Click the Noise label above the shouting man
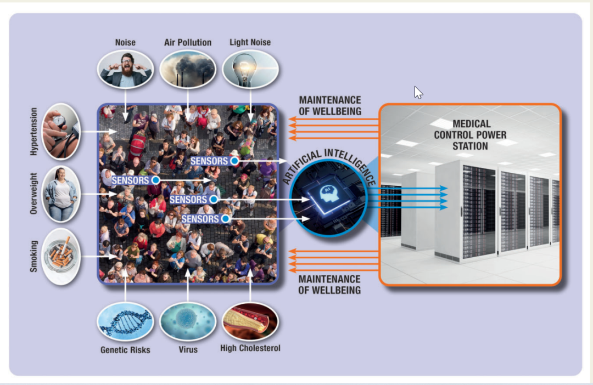point(125,42)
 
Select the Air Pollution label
point(188,42)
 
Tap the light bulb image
point(250,70)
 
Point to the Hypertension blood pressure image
point(61,132)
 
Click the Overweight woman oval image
point(61,194)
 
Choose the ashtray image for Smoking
point(61,256)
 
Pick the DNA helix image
point(125,321)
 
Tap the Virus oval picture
point(188,321)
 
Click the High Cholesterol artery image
point(250,321)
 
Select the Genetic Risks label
point(125,350)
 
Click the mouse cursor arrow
point(418,92)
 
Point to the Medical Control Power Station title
point(470,135)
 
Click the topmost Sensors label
point(209,161)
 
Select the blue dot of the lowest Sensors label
point(226,219)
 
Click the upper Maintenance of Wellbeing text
point(330,105)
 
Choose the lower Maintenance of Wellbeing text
point(329,285)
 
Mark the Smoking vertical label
point(33,256)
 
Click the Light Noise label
point(250,42)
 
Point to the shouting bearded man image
point(125,70)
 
